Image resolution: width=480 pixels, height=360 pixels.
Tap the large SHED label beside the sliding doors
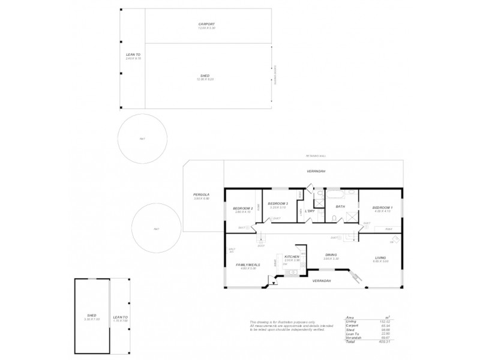(206, 76)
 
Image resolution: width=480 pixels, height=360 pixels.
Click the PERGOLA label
(201, 194)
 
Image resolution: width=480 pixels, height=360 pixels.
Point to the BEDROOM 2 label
(242, 208)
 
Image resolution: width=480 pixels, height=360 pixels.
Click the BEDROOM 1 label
(381, 208)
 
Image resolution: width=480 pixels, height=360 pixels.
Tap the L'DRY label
(310, 211)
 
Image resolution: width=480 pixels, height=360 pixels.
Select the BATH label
(340, 207)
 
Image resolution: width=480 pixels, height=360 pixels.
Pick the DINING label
(331, 254)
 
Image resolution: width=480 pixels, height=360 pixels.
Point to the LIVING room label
(381, 257)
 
